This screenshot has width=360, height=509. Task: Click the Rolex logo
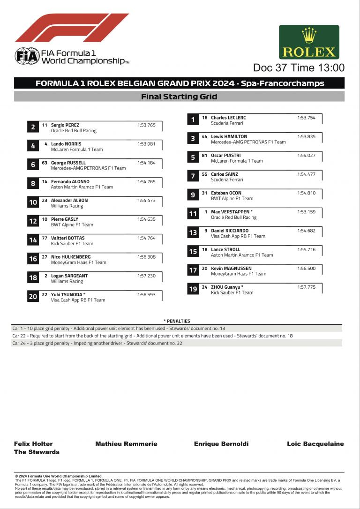pos(309,42)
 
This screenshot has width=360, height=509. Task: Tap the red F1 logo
pos(71,28)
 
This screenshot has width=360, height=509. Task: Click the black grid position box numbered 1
pos(193,120)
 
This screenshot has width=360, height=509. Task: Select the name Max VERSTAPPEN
pos(230,212)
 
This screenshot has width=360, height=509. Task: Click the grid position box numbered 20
pos(33,296)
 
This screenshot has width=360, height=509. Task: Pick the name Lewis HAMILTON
pos(229,136)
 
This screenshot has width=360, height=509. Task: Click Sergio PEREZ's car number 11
pos(45,125)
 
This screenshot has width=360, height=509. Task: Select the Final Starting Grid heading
pos(179,97)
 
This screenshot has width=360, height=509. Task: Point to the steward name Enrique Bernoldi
pos(221,444)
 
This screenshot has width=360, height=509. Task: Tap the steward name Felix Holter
pos(33,444)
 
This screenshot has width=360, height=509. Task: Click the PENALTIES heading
pos(177,321)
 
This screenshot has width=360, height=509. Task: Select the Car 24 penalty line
pos(97,343)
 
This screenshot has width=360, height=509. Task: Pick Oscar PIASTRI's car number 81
pos(204,156)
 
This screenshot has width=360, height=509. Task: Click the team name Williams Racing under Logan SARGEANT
pos(67,281)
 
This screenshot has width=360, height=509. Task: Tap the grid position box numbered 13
pos(193,233)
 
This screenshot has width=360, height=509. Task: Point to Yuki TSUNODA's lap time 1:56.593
pos(146,294)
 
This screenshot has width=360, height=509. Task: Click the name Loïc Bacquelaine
pos(315,444)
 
